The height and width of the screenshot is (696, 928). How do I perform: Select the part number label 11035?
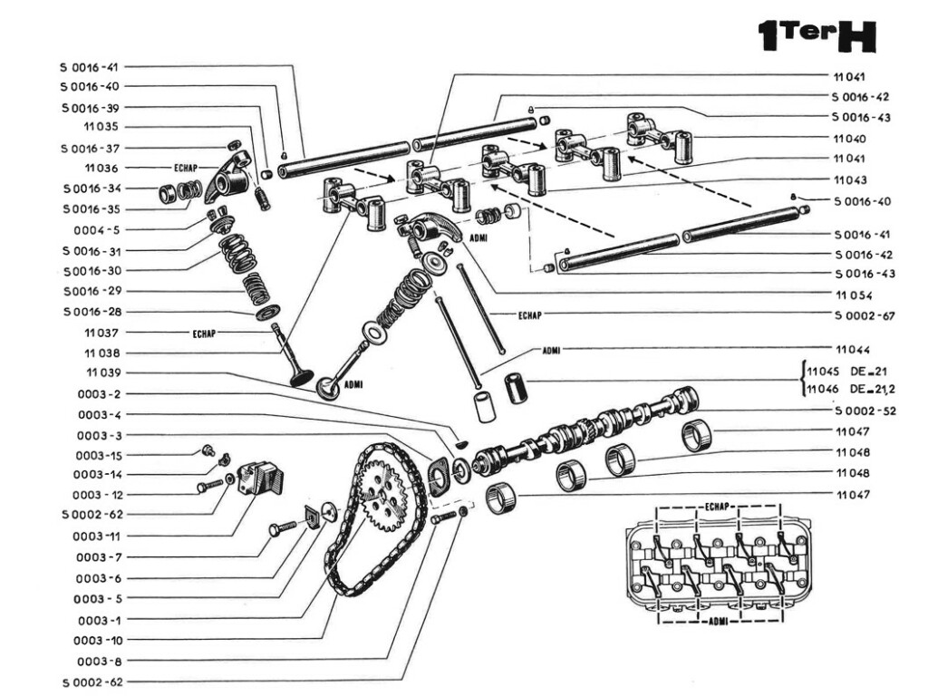[101, 128]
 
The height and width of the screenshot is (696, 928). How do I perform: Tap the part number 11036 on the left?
[101, 169]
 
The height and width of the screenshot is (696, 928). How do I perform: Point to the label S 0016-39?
[92, 108]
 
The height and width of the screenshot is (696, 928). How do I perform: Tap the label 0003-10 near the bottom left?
[98, 640]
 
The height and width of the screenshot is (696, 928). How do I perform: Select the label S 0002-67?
[864, 315]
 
